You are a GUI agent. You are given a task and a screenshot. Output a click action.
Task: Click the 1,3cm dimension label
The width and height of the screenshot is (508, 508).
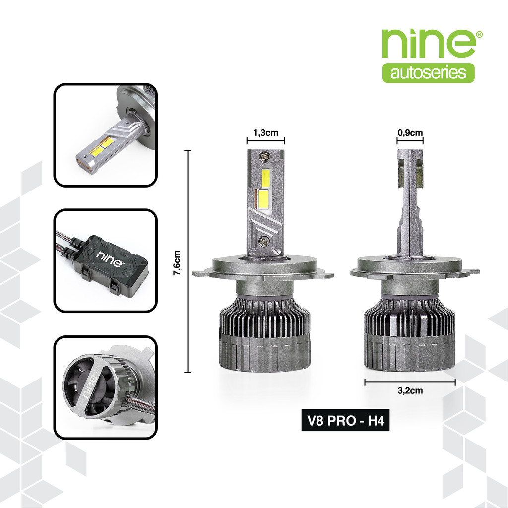(x=266, y=133)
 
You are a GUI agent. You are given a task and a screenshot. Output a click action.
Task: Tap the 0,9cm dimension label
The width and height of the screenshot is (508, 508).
(x=410, y=133)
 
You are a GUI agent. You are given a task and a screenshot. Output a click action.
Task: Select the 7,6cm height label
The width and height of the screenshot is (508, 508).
(x=177, y=263)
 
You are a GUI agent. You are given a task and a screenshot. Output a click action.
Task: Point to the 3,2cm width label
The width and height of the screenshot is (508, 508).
(x=410, y=390)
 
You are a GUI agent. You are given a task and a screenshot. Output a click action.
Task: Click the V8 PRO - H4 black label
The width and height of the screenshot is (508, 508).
(x=345, y=420)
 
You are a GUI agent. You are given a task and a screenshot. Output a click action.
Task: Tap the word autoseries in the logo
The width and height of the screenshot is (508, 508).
(x=428, y=73)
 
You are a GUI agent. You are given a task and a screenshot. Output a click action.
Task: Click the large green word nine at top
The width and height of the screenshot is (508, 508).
(x=429, y=44)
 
